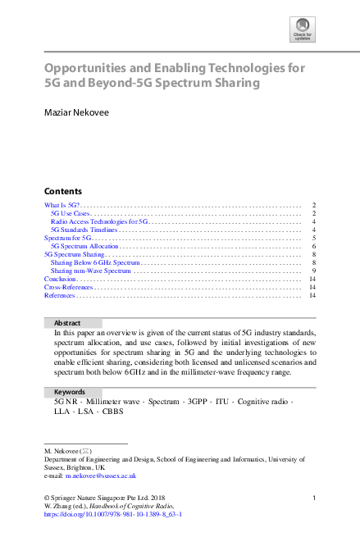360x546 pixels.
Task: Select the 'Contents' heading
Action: pyautogui.click(x=62, y=189)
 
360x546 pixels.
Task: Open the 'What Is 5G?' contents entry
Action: pyautogui.click(x=62, y=205)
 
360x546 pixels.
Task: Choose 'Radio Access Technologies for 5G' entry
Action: pyautogui.click(x=98, y=221)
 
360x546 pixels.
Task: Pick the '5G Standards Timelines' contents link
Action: pyautogui.click(x=84, y=230)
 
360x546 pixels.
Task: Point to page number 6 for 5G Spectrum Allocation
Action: pyautogui.click(x=314, y=246)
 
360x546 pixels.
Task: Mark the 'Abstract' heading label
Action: pyautogui.click(x=67, y=323)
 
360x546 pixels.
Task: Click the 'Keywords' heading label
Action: pyautogui.click(x=70, y=392)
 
